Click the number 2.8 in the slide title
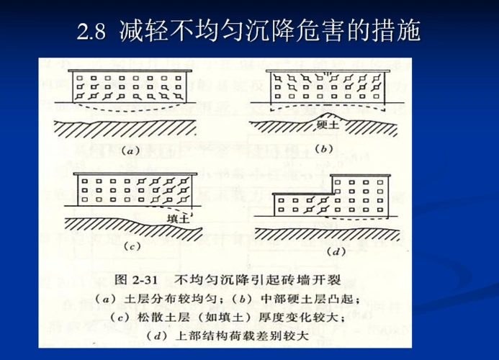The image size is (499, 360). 91,32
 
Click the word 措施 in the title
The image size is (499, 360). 396,31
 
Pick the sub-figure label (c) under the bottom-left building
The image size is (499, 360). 130,246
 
